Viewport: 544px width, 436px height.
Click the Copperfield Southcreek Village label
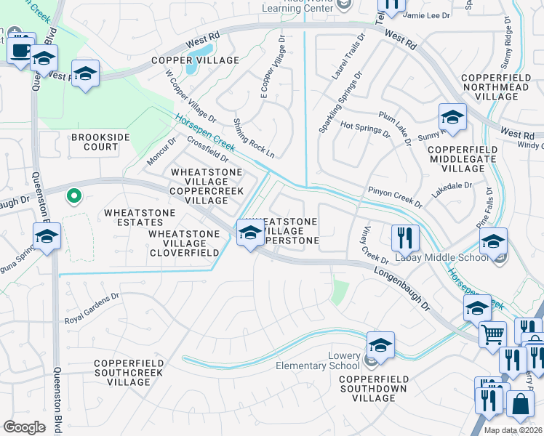coord(122,372)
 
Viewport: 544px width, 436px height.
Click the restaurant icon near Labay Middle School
coord(404,237)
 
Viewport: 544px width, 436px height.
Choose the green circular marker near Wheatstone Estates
coord(73,195)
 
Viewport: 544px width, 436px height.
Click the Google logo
coord(25,427)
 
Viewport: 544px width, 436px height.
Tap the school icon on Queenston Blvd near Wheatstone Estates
coord(47,237)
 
